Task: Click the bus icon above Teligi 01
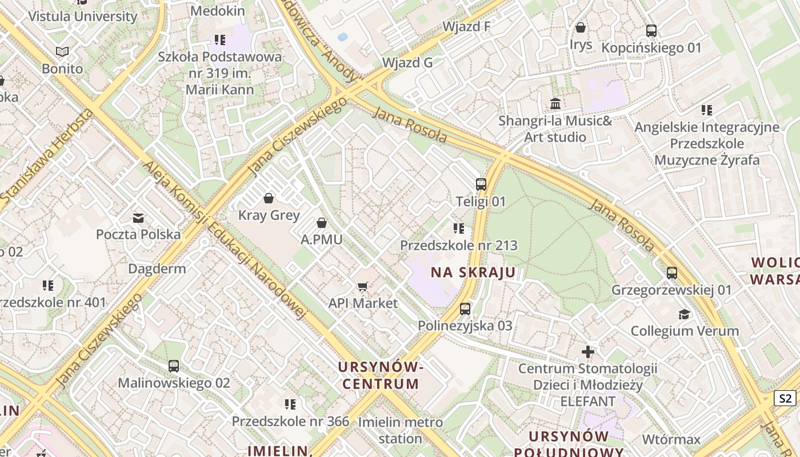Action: coord(481,185)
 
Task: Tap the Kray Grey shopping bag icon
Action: coord(269,198)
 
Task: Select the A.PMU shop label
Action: coord(322,239)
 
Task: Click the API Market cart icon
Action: coord(362,286)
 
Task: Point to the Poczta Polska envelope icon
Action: coord(138,218)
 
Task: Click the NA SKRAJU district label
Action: coord(473,272)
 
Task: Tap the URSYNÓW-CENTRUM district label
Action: coord(381,375)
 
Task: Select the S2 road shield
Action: coord(786,398)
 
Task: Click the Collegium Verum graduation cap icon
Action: coord(684,314)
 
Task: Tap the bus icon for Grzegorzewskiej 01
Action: coord(672,273)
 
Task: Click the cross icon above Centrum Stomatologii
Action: coord(588,352)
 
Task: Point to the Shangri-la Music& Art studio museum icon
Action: coord(555,104)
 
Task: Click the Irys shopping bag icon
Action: coord(581,27)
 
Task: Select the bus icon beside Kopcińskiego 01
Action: coord(651,31)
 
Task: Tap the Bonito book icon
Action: coord(62,52)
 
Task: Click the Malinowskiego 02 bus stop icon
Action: coord(174,366)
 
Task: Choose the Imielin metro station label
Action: coord(400,430)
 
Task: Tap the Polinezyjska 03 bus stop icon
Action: coord(465,309)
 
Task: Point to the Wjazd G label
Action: coord(407,63)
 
